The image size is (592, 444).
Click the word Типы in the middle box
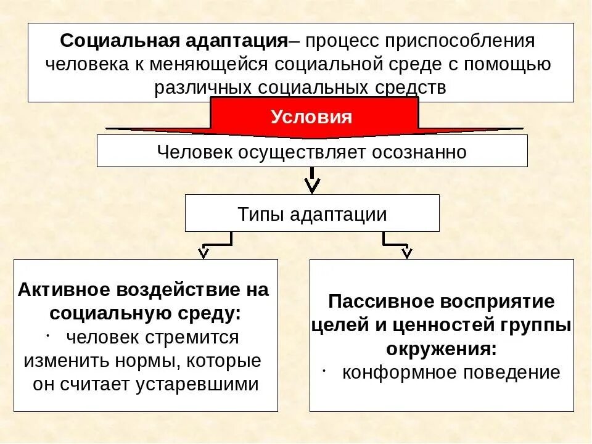(x=257, y=214)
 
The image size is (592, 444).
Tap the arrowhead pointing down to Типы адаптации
(x=313, y=184)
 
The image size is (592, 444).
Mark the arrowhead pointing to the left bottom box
(x=203, y=253)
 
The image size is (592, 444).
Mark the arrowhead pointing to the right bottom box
(x=406, y=253)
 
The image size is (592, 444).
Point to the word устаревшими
(x=193, y=384)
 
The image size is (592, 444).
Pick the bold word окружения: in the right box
(x=441, y=349)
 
